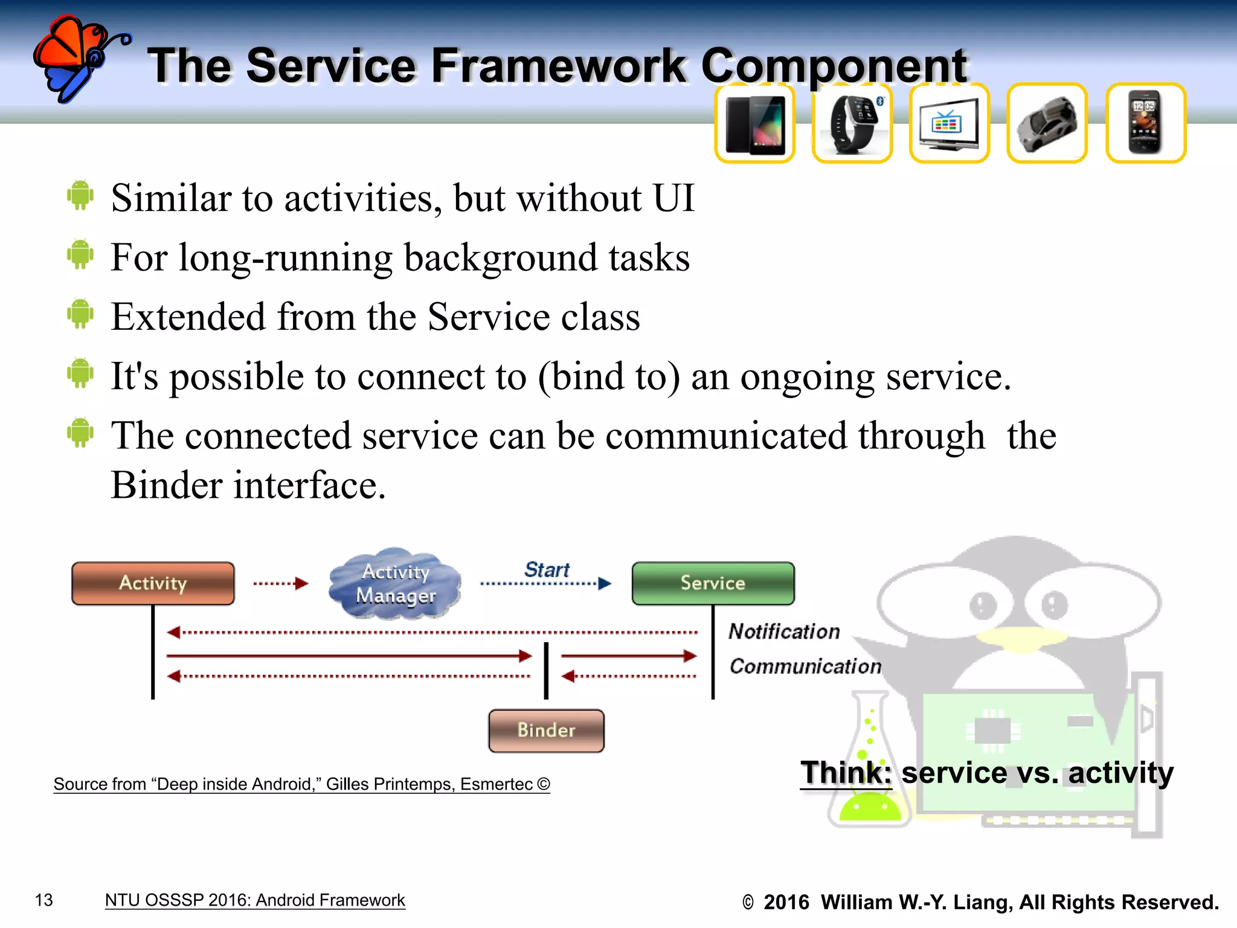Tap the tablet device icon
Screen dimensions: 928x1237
click(x=754, y=123)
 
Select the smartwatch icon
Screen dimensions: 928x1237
click(x=852, y=123)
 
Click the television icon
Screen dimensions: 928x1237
click(x=949, y=123)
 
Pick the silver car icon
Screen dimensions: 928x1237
click(x=1047, y=123)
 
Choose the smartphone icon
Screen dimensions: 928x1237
click(x=1145, y=123)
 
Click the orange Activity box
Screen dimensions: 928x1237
click(x=153, y=583)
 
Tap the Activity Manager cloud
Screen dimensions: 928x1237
click(x=396, y=584)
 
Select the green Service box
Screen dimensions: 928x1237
click(x=713, y=583)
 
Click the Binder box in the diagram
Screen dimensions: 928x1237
click(x=546, y=730)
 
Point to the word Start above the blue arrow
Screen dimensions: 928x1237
click(x=547, y=569)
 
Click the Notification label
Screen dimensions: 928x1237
click(x=784, y=631)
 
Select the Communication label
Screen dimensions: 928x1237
click(x=805, y=666)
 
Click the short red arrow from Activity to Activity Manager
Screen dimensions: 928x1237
click(x=281, y=583)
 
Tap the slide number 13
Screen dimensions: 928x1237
click(x=44, y=900)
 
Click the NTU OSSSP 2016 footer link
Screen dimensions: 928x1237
click(x=255, y=900)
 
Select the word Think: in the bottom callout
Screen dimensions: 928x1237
click(x=846, y=773)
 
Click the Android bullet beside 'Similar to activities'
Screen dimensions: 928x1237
click(x=80, y=196)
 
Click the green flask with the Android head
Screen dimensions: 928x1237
click(x=869, y=779)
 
